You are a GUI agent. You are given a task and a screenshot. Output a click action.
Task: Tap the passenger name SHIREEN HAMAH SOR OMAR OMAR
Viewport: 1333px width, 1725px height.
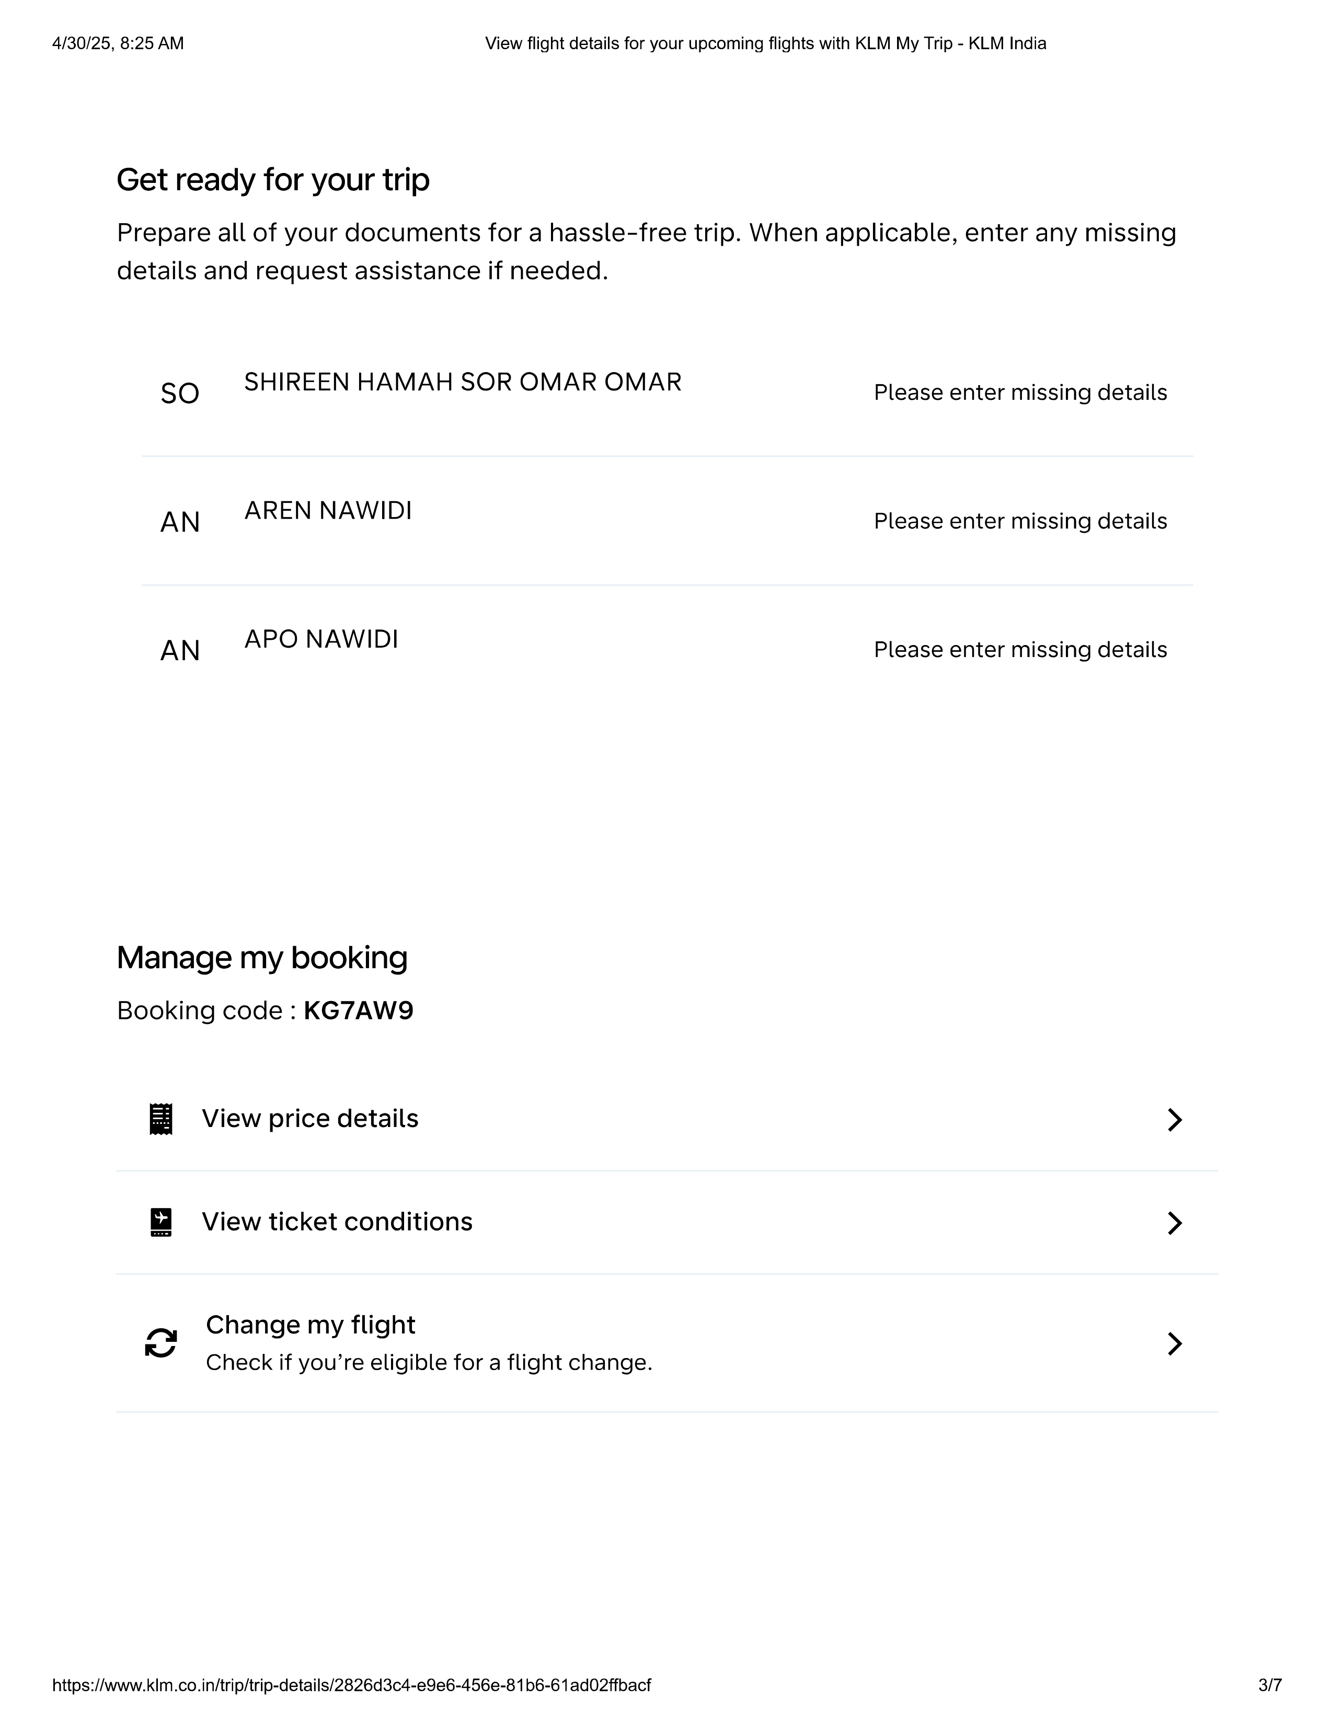(462, 382)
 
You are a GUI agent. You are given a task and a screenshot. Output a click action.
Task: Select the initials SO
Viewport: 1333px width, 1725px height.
(180, 393)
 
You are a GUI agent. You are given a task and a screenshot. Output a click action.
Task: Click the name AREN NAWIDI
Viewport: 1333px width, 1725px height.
(328, 511)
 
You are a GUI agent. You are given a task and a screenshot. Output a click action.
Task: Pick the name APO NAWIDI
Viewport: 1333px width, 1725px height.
(321, 639)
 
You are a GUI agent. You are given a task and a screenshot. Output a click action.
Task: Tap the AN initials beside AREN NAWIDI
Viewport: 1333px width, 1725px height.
(180, 522)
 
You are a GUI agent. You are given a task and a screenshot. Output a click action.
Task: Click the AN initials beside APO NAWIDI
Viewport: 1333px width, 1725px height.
(180, 651)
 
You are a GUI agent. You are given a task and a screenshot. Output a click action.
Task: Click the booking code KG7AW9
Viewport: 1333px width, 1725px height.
(359, 1011)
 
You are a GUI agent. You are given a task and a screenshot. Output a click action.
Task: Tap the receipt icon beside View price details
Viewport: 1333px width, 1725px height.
(161, 1119)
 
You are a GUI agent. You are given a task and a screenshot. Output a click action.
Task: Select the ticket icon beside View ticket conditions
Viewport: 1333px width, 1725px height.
(161, 1222)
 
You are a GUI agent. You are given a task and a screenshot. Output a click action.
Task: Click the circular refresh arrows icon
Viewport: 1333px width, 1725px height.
(161, 1343)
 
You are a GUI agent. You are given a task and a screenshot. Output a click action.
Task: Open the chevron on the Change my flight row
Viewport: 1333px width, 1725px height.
(1174, 1343)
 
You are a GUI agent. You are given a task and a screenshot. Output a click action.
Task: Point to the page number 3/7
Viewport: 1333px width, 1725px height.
(1270, 1685)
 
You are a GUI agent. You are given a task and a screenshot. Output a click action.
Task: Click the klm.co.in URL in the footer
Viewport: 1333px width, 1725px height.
(351, 1685)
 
